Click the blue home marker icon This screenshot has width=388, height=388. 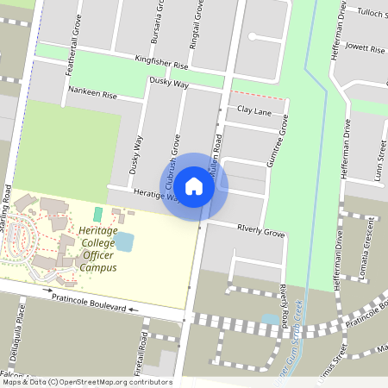(194, 186)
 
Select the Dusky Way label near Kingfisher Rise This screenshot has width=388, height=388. (169, 84)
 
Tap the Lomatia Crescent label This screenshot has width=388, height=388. (367, 245)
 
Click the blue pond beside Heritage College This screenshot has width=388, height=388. (124, 241)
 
